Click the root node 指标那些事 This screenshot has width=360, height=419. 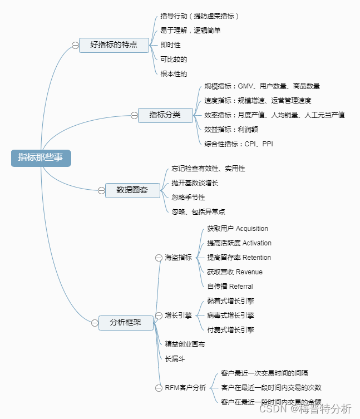tap(41, 157)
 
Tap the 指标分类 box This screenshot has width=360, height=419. tap(165, 115)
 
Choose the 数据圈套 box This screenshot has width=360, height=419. tap(132, 190)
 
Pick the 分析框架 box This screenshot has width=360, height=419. tap(126, 322)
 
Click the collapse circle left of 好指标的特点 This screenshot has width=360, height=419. tap(75, 45)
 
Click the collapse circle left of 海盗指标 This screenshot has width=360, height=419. tap(159, 258)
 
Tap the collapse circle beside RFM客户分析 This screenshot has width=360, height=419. tap(159, 387)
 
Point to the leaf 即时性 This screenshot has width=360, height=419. tap(170, 45)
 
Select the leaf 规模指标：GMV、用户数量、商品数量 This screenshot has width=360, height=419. tap(262, 86)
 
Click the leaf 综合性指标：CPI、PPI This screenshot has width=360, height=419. tap(238, 144)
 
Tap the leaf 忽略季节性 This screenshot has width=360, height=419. tap(188, 197)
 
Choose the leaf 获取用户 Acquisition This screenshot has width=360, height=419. tap(237, 229)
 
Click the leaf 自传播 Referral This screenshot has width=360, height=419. tap(229, 287)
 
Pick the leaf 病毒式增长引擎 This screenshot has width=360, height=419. tap(230, 316)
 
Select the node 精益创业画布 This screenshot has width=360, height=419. tap(185, 344)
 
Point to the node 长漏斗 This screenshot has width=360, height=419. tap(174, 358)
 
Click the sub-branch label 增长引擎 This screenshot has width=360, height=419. tap(178, 316)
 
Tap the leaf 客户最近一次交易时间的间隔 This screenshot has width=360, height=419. tap(264, 373)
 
